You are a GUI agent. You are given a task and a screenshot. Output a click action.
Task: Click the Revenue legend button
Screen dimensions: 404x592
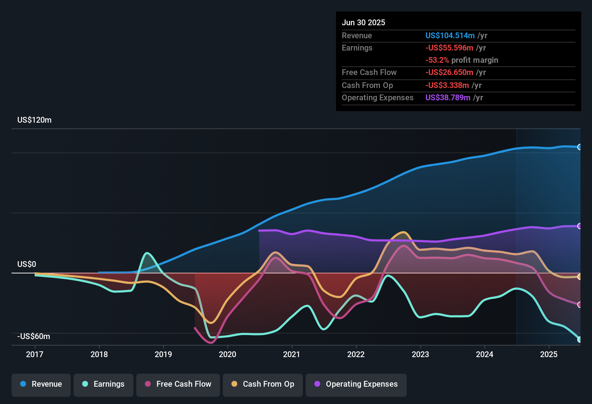[41, 384]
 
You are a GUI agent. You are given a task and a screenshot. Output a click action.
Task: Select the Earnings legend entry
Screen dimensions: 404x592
[103, 384]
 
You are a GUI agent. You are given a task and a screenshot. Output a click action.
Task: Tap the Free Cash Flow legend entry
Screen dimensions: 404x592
[178, 384]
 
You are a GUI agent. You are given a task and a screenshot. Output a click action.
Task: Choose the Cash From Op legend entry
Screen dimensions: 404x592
[263, 384]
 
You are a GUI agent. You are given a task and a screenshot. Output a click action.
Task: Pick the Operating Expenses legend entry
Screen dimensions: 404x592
[356, 384]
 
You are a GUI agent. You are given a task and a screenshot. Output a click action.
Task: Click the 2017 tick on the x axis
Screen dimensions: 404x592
[35, 354]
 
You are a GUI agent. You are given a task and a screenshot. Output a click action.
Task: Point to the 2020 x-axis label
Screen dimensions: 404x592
[227, 354]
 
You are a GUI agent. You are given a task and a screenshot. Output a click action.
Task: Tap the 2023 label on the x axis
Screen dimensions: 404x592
[420, 354]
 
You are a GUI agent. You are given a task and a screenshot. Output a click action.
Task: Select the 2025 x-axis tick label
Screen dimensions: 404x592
[549, 354]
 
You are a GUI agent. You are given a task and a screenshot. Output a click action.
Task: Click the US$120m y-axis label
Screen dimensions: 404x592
[34, 120]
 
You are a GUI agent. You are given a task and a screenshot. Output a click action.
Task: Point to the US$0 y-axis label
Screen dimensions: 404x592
[27, 264]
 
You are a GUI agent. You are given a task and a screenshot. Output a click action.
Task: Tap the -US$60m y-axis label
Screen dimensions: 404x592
[34, 337]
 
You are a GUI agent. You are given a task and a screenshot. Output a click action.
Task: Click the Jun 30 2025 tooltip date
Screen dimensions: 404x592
[363, 23]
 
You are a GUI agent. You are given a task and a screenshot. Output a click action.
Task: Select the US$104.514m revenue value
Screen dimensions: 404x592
[450, 36]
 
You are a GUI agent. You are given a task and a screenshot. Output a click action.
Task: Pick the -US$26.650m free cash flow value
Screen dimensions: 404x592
[449, 73]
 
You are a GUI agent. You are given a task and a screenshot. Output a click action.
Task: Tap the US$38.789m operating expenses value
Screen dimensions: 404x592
[448, 98]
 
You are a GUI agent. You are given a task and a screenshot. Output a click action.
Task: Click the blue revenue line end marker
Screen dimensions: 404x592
[580, 147]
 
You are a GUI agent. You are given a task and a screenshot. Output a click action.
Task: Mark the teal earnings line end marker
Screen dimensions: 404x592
[580, 339]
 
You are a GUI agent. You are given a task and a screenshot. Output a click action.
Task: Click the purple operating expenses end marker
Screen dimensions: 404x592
[580, 226]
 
